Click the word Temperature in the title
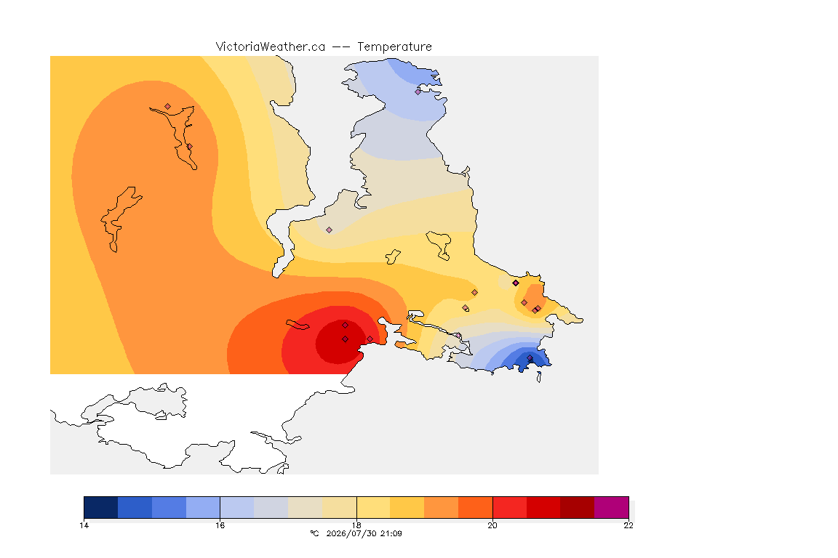point(394,47)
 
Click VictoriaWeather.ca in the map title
point(271,47)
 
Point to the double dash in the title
point(341,47)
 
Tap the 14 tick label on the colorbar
point(84,525)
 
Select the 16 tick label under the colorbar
point(220,525)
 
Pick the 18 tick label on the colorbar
point(356,525)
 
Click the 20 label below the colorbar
point(492,525)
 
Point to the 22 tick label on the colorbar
point(628,525)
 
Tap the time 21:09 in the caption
point(391,533)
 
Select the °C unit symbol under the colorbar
point(314,533)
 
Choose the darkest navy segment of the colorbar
point(101,507)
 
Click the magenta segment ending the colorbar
point(611,507)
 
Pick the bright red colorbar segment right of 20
point(509,507)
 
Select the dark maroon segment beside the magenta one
point(577,507)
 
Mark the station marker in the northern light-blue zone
point(418,92)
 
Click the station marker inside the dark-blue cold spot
point(530,358)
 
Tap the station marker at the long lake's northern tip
point(168,107)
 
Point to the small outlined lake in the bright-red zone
point(297,325)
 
